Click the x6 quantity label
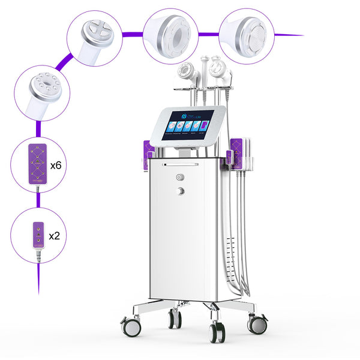click(55, 165)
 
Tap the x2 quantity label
click(54, 235)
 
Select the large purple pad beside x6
click(35, 163)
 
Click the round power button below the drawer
click(179, 177)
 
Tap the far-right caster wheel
click(257, 323)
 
